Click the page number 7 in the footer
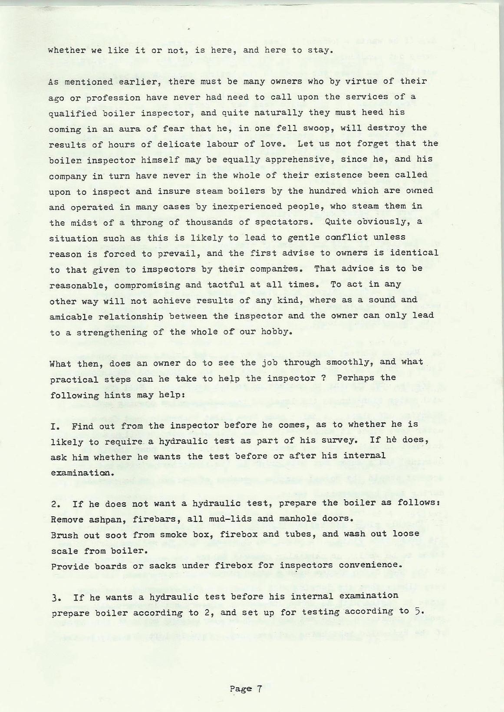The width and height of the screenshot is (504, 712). point(258,688)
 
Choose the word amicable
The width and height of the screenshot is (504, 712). point(71,317)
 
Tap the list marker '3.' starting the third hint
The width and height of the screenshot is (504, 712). point(56,597)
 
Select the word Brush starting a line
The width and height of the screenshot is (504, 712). point(64,535)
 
